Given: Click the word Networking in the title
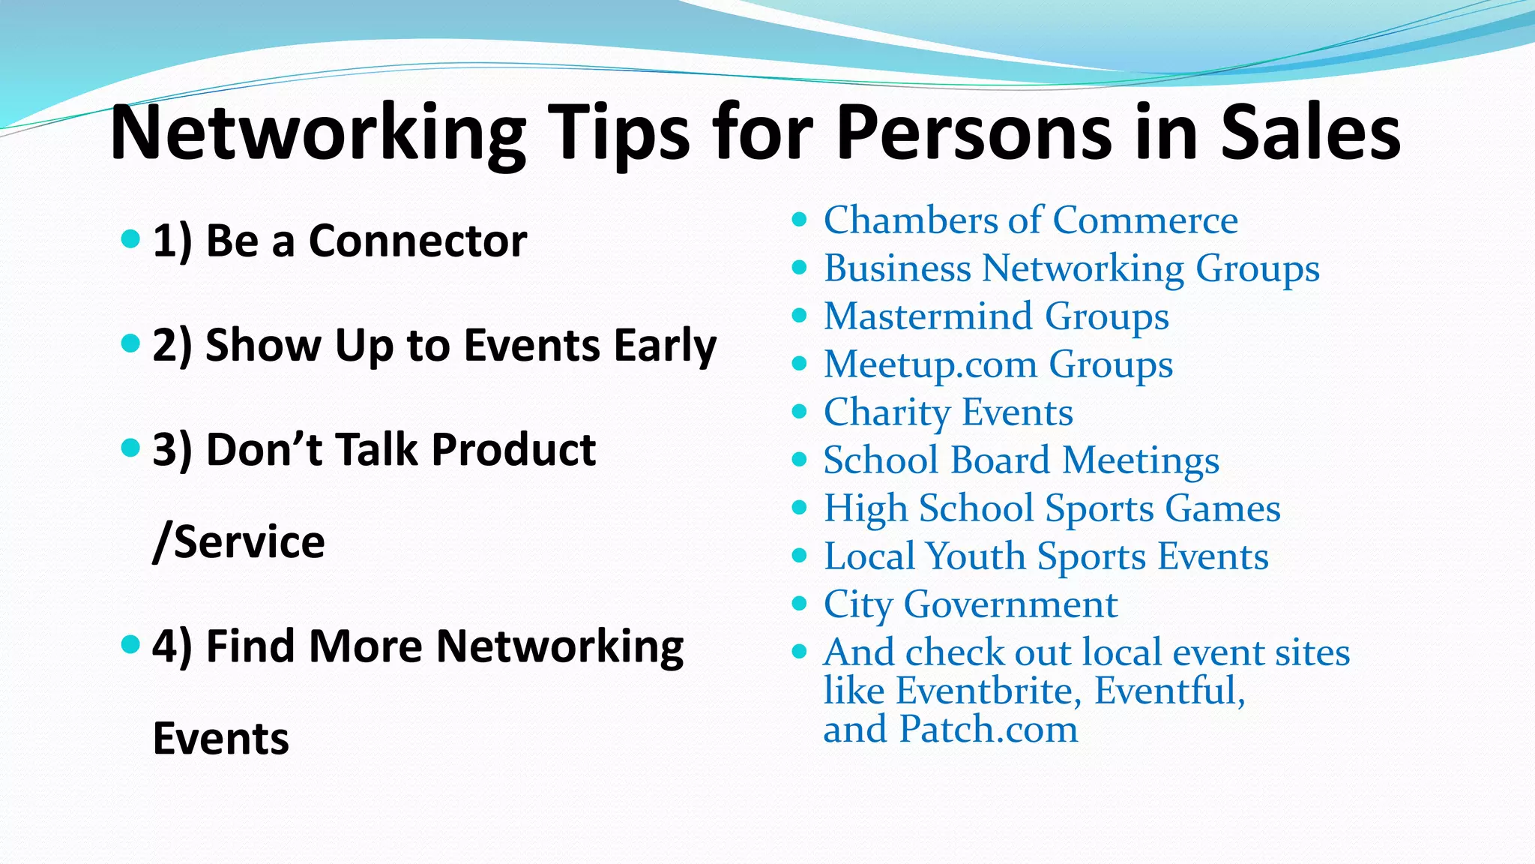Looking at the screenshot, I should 318,133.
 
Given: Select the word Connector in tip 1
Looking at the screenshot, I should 417,241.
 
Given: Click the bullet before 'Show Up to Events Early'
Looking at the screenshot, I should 130,344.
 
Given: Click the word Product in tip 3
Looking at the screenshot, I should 513,450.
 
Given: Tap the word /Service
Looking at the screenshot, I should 238,542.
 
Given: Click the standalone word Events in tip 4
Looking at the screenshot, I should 220,739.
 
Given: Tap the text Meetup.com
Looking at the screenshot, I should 930,365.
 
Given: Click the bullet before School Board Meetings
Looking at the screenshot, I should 800,460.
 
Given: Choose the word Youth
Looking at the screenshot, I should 975,556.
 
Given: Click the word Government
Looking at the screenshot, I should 1010,604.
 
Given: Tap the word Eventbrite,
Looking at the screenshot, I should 989,691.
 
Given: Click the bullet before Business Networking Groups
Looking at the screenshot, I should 800,268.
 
